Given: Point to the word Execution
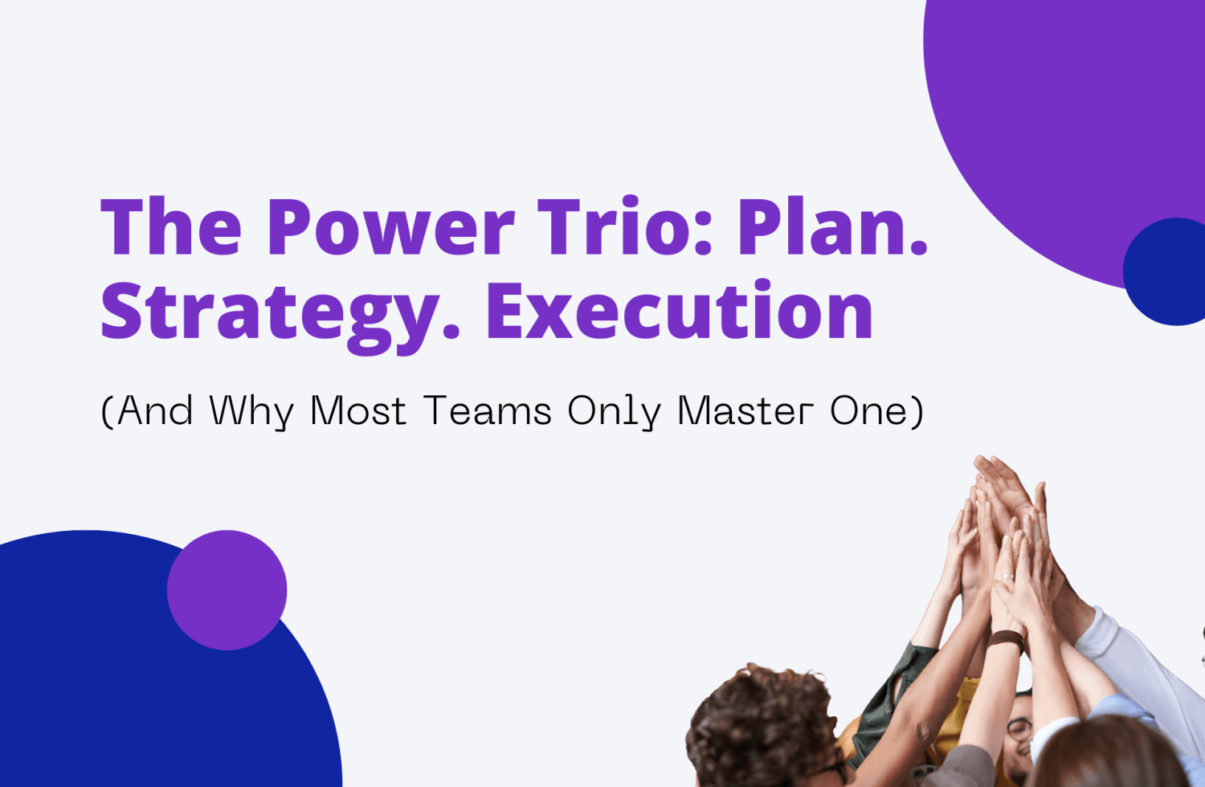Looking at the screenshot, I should [x=680, y=312].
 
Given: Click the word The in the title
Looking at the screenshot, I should [x=171, y=228].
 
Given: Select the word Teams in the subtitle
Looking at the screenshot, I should [x=488, y=411].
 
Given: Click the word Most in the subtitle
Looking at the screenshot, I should [x=358, y=411].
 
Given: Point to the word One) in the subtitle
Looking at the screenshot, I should [x=876, y=411].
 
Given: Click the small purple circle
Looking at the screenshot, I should [x=227, y=590].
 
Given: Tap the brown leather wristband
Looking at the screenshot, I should [x=1006, y=640].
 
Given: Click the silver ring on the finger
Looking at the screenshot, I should [x=1005, y=576].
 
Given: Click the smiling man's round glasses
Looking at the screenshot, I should [x=1019, y=729].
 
